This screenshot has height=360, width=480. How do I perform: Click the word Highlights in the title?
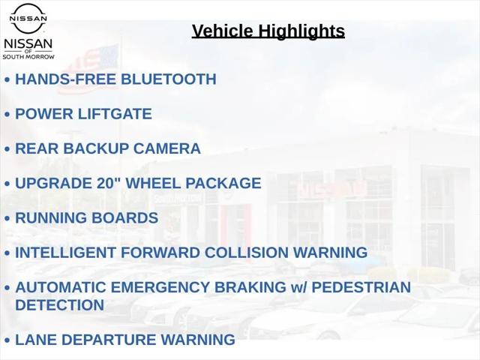(x=301, y=31)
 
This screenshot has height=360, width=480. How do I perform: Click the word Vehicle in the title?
(x=223, y=31)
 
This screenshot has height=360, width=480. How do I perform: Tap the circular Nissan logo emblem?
(x=28, y=18)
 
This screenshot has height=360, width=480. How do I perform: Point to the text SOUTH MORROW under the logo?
(x=28, y=57)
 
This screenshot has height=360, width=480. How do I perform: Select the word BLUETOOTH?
(x=169, y=79)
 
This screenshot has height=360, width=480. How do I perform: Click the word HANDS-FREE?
(x=66, y=79)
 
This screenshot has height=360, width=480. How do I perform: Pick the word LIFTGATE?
(x=115, y=114)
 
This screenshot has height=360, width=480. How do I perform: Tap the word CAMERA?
(x=167, y=148)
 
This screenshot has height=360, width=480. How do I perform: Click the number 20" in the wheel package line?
(x=109, y=183)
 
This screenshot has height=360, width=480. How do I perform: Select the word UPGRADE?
(x=53, y=183)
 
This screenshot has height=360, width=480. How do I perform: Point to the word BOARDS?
(x=124, y=218)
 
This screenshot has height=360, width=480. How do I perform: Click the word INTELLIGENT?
(x=65, y=253)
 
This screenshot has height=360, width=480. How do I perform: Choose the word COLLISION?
(x=247, y=253)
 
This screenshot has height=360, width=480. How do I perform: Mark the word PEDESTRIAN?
(x=361, y=287)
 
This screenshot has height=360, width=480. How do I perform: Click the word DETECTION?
(x=60, y=305)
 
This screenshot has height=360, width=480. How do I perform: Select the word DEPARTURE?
(x=109, y=340)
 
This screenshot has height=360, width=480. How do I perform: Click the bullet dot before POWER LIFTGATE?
(x=7, y=115)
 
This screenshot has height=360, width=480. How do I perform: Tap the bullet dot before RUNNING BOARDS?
(x=7, y=218)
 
